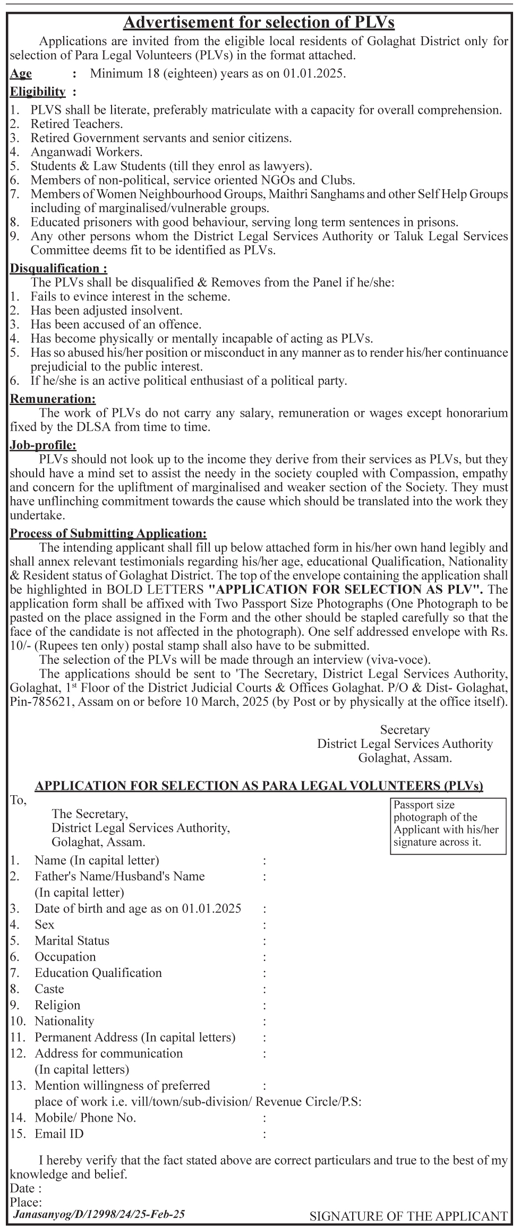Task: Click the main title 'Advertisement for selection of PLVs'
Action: point(259,22)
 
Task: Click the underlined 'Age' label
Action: point(21,73)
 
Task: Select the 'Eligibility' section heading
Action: point(38,91)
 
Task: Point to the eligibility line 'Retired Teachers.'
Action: point(76,124)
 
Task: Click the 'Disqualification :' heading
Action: point(58,268)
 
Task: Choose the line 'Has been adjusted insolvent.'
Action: point(106,310)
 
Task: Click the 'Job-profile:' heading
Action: point(43,444)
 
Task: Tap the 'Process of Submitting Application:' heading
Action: point(108,533)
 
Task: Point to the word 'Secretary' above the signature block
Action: point(405,730)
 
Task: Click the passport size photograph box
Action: point(448,826)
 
